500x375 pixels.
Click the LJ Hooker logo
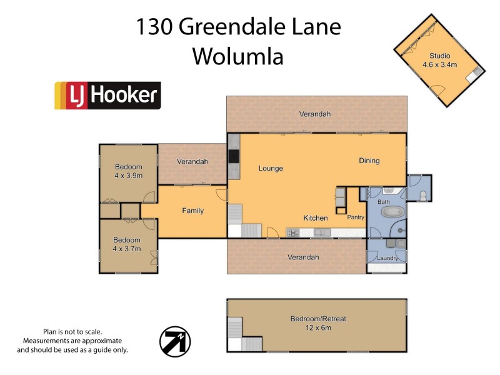[107, 96]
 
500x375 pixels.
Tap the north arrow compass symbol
[176, 342]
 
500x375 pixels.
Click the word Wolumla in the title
[237, 56]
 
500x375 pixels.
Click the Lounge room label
[271, 168]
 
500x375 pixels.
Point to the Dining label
[369, 161]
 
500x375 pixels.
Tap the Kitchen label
[316, 218]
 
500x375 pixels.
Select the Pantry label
[355, 217]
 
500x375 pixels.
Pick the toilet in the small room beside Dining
[423, 196]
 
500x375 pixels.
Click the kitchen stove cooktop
[292, 233]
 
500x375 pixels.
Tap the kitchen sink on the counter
[322, 233]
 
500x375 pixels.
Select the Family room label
[192, 211]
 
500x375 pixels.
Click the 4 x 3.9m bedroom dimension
[128, 176]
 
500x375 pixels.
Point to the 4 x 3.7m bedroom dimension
[127, 249]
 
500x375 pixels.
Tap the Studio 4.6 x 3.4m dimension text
[439, 64]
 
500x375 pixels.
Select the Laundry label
[388, 258]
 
